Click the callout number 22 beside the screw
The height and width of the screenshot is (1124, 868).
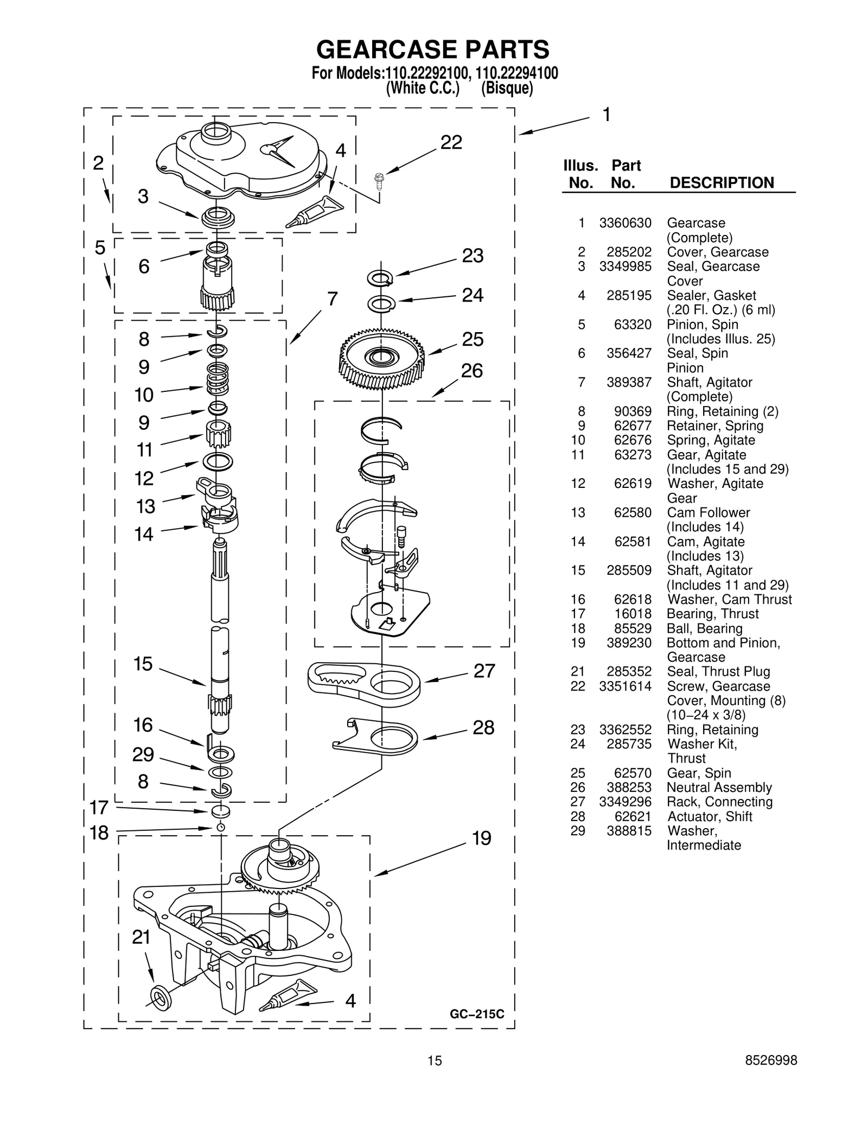click(451, 143)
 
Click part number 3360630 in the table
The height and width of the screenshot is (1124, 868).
click(625, 223)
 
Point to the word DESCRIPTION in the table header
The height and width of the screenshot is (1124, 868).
click(722, 183)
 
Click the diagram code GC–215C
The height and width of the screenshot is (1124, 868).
click(477, 1014)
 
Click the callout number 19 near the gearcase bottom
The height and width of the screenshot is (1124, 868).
click(481, 839)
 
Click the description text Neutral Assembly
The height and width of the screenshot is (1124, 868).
click(719, 788)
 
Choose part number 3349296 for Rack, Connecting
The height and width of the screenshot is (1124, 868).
click(625, 802)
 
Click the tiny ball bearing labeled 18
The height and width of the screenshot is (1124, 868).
click(220, 827)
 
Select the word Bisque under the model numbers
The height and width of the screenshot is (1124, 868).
click(507, 88)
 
